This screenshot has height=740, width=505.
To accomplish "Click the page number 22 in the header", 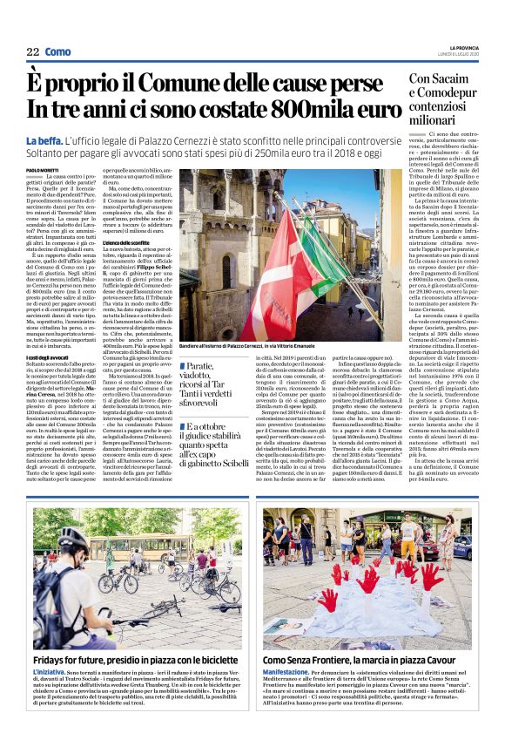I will point(33,52).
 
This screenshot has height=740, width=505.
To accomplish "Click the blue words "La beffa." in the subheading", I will point(44,140).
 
